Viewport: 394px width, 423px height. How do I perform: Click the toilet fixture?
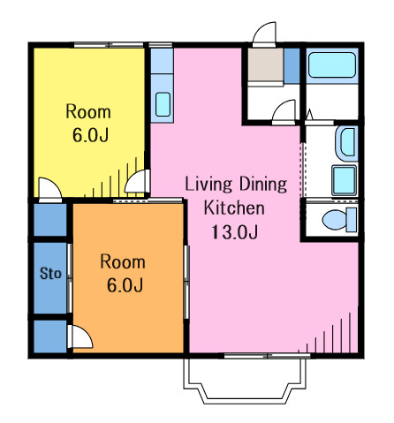point(339,220)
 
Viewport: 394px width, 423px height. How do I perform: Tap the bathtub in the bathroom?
point(332,65)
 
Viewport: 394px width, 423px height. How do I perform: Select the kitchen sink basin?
point(163,104)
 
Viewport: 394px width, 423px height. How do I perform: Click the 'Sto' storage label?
point(50,274)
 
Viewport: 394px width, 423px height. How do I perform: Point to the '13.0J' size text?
point(234,232)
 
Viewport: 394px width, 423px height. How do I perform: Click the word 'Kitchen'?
point(234,208)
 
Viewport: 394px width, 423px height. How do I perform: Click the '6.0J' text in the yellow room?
point(91,135)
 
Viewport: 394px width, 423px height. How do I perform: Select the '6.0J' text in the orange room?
point(125,285)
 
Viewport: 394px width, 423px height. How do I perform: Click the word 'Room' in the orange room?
point(123,261)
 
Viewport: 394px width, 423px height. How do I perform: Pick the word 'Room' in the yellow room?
point(88,111)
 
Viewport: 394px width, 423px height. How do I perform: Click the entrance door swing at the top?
point(264,34)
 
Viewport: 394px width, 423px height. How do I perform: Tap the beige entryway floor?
point(266,64)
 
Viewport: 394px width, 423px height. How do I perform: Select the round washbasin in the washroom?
point(346,143)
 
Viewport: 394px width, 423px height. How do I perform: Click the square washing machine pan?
point(344,180)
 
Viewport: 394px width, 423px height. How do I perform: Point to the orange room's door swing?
point(80,336)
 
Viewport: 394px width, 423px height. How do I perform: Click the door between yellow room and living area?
point(137,181)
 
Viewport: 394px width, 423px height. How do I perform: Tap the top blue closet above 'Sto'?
point(50,220)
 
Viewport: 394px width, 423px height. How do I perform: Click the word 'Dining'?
point(263,185)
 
